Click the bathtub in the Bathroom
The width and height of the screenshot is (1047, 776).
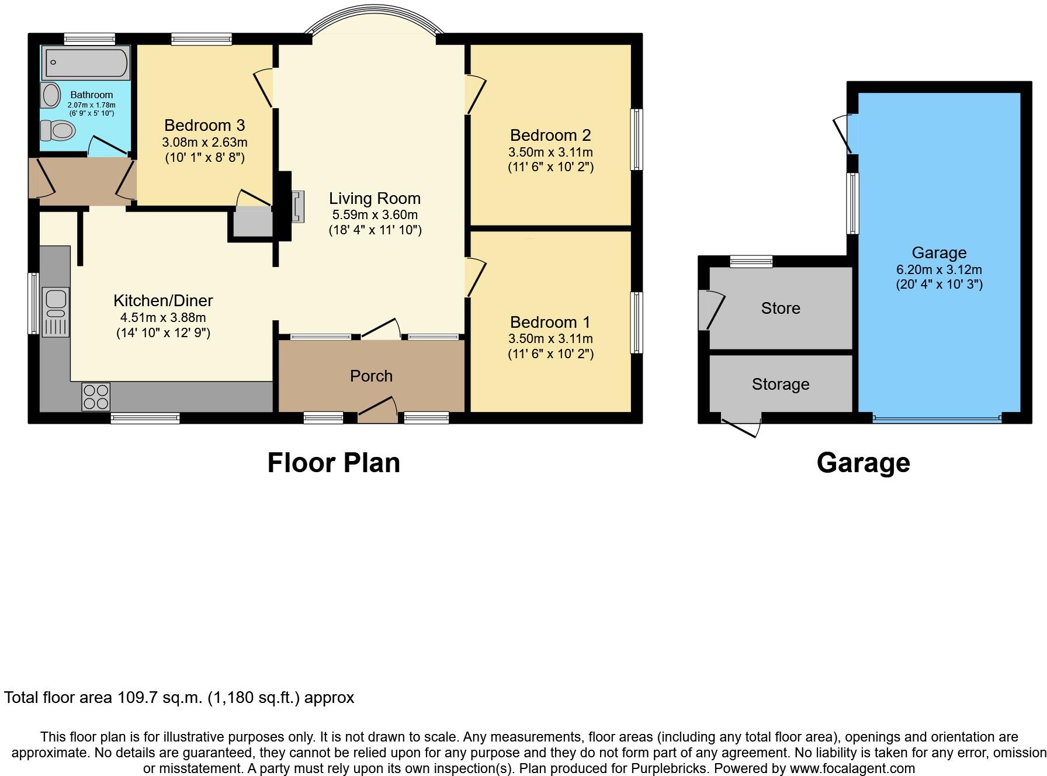(86, 63)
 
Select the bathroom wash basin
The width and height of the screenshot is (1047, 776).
(51, 95)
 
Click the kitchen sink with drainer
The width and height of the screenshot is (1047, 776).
(56, 311)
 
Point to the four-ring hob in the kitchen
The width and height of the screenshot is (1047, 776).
(96, 397)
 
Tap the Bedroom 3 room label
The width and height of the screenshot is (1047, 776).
(204, 125)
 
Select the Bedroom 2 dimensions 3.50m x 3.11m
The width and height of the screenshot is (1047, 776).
(550, 152)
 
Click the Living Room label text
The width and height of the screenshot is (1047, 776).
(375, 198)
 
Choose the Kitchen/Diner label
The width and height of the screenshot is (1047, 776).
(163, 300)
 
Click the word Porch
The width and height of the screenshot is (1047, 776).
(371, 376)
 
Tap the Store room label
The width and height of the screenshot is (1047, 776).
(780, 308)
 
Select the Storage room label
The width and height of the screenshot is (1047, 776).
(780, 384)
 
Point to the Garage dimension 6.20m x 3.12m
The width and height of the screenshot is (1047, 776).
(939, 270)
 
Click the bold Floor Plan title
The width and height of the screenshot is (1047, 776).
(334, 462)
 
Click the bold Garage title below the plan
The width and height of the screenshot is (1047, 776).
(863, 462)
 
